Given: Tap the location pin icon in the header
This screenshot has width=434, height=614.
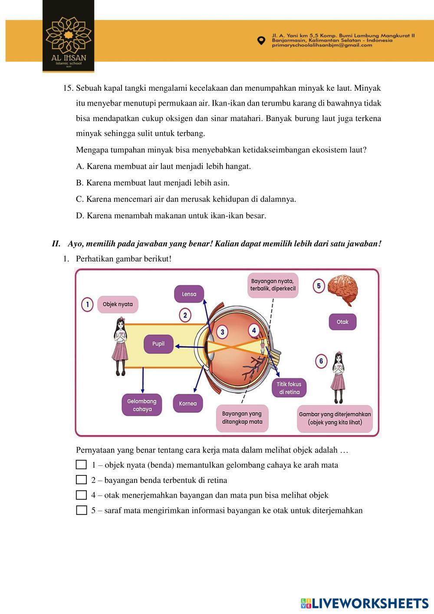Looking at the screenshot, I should [x=261, y=40].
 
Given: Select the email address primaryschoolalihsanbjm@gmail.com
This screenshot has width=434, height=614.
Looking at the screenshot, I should [x=322, y=45].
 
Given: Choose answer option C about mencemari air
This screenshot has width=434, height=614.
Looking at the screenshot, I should [x=186, y=199].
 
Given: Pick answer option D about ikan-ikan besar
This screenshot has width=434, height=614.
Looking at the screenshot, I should [x=171, y=216].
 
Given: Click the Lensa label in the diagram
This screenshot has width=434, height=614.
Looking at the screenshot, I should [x=189, y=294].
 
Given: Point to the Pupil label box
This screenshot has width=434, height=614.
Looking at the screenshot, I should [x=158, y=344].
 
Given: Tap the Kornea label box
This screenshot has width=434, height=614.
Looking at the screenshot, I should [x=187, y=403].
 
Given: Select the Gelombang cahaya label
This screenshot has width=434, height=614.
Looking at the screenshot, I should [x=141, y=405].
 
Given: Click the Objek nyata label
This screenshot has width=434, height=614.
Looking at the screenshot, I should [x=118, y=304].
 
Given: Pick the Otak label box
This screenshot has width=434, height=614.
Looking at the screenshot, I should [x=342, y=322].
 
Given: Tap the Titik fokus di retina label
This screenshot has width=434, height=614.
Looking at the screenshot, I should [x=289, y=388].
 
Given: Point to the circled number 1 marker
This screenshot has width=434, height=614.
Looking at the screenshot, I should [x=87, y=304].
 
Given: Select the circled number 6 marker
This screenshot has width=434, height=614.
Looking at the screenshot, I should [x=321, y=361].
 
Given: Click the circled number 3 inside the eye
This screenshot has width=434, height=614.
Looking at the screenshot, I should [x=222, y=332].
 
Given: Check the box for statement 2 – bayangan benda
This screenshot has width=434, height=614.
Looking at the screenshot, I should [x=81, y=480].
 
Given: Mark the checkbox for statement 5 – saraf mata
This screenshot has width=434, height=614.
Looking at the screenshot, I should [x=81, y=510].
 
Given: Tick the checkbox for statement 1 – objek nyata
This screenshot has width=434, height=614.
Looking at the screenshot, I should [x=81, y=465].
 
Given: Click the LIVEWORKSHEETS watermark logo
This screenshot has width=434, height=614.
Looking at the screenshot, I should [x=365, y=603].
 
